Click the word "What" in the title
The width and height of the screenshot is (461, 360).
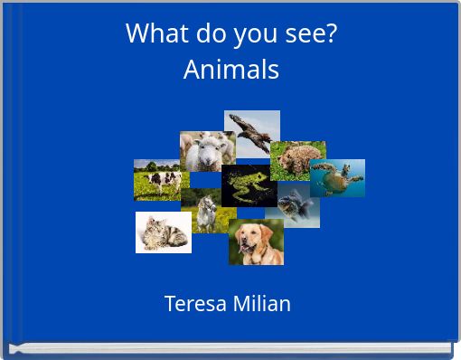pyautogui.click(x=149, y=33)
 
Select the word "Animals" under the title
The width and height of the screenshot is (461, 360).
pyautogui.click(x=230, y=69)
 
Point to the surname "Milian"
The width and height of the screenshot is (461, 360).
pyautogui.click(x=261, y=303)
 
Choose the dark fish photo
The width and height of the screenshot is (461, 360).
pyautogui.click(x=298, y=206)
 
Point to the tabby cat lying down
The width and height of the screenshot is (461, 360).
pyautogui.click(x=163, y=233)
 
